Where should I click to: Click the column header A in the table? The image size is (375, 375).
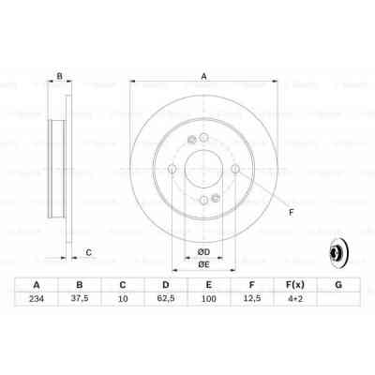click(x=36, y=285)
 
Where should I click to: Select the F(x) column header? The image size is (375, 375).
click(x=294, y=285)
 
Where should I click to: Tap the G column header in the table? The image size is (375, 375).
click(x=337, y=285)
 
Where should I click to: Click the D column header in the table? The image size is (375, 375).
click(x=165, y=285)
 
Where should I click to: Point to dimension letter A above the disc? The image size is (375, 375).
click(x=202, y=77)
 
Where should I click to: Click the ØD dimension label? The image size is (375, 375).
click(x=202, y=250)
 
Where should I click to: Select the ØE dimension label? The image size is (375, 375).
click(x=202, y=265)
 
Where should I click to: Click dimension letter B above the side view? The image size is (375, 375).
click(x=60, y=77)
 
